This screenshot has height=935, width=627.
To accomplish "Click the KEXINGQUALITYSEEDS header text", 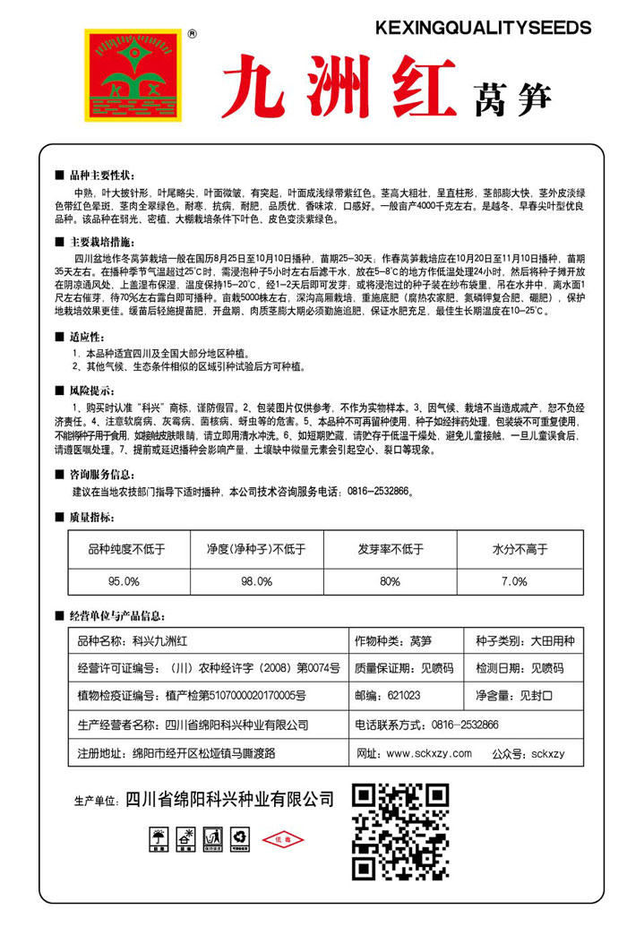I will (x=483, y=29).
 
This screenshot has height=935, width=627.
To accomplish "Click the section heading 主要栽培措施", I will (x=101, y=242).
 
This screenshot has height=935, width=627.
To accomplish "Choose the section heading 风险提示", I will (x=90, y=390).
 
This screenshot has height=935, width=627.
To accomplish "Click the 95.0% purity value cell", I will (x=125, y=580).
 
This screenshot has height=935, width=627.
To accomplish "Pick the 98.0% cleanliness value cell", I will (x=256, y=580).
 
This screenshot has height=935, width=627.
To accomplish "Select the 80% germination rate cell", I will (x=390, y=580).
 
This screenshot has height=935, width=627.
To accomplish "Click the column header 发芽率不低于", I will (x=391, y=548).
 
